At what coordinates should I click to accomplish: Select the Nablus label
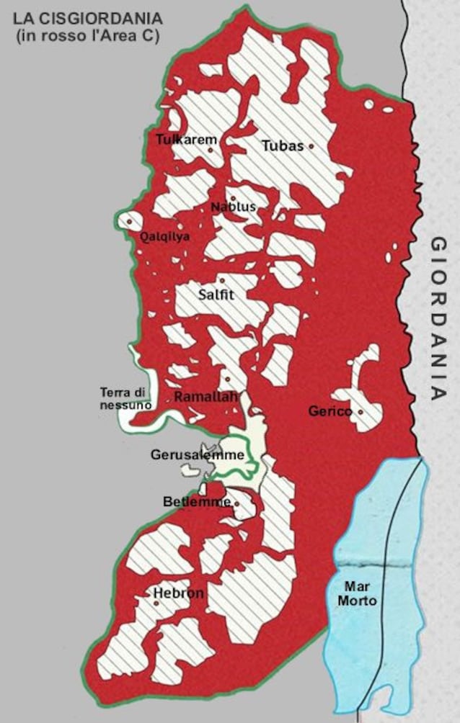[233, 207]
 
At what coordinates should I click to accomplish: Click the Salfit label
[216, 294]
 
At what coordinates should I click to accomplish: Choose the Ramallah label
[205, 396]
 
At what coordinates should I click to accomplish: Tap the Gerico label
[329, 412]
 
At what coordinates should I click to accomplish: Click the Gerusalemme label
[197, 455]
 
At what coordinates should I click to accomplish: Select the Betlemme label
[206, 502]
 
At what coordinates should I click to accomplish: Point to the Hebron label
[179, 594]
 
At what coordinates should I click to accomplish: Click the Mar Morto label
[360, 593]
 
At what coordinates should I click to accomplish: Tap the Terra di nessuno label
[125, 399]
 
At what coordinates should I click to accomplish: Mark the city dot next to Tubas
[311, 145]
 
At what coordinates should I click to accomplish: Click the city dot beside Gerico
[361, 413]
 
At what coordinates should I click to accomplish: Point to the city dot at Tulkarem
[211, 150]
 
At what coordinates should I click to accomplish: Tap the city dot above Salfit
[222, 280]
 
